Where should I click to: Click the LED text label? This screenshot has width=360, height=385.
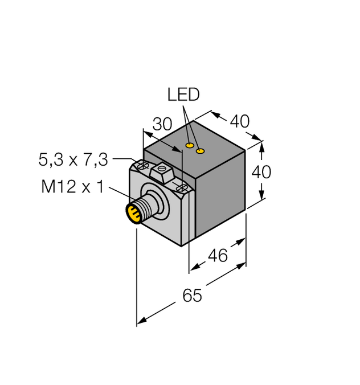(x=183, y=95)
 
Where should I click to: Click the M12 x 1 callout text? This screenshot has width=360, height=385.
(x=72, y=186)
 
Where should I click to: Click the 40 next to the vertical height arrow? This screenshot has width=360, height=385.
(x=261, y=171)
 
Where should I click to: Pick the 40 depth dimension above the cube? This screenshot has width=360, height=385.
(x=239, y=121)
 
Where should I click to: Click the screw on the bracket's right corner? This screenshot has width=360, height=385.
(x=182, y=187)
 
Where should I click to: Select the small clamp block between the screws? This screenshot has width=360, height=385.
(x=163, y=171)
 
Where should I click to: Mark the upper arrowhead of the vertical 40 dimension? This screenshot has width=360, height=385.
(x=262, y=144)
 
